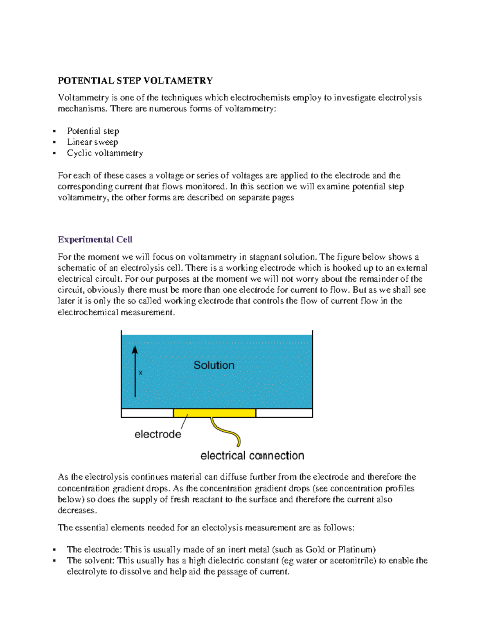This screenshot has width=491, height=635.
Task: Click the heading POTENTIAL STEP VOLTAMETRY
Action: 135,81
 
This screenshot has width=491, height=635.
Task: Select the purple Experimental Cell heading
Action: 95,240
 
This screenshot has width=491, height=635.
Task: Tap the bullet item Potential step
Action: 93,131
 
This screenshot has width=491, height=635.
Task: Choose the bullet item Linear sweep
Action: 92,142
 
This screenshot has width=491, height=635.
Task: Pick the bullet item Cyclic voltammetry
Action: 105,153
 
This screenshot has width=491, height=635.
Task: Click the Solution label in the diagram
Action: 214,365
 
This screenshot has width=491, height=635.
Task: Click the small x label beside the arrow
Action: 141,373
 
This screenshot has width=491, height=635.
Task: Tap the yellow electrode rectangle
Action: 214,413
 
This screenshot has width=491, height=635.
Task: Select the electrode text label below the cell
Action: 158,434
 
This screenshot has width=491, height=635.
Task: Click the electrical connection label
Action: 252,455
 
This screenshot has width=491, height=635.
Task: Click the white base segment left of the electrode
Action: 147,413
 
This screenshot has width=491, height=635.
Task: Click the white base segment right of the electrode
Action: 284,413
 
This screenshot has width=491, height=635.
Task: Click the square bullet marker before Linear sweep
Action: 54,142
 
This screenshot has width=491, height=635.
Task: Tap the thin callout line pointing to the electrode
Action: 184,422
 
